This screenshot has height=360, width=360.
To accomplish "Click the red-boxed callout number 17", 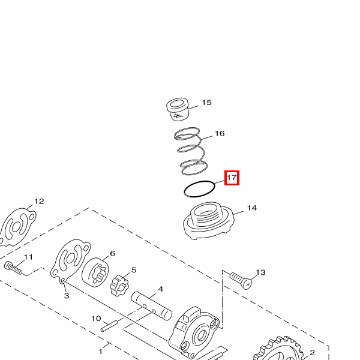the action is pos(232,178).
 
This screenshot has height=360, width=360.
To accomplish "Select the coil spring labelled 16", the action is pos(191,151).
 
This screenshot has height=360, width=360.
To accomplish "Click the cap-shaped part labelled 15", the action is pos(178,109).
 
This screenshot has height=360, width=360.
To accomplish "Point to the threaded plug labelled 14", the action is pos(208,221).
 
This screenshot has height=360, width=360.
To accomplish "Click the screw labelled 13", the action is pos(241,280).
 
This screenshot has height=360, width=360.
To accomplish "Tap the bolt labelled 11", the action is pos(13,268).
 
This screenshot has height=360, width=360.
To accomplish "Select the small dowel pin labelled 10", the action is pos(109,326).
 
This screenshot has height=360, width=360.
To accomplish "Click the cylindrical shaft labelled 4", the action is pos(152,306).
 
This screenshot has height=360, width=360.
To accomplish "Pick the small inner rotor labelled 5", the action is pos(119,285).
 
